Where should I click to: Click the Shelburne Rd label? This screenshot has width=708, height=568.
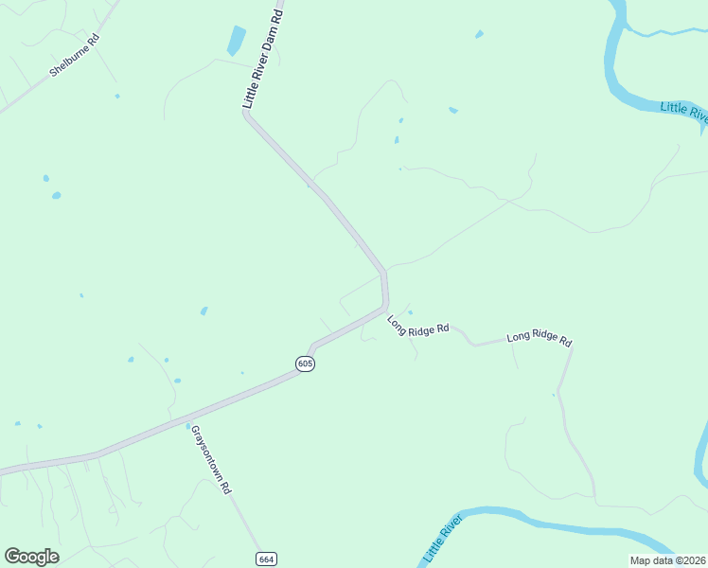coord(75,57)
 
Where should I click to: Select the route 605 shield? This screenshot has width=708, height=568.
coord(304,364)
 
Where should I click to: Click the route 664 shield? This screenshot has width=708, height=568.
coord(266,559)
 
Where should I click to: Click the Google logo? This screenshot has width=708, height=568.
coord(31,557)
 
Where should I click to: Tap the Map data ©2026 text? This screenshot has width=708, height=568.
coord(666,560)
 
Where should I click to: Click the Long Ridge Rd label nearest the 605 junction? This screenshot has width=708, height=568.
coord(416,325)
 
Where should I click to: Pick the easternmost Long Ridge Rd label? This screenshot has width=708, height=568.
coord(540,338)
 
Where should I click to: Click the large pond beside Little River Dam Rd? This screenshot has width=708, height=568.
coord(235,41)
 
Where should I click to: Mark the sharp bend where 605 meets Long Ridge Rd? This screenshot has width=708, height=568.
coord(385,305)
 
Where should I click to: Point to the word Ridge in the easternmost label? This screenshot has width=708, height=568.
coord(536,337)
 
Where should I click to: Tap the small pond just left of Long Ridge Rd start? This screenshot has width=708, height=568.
coord(410,313)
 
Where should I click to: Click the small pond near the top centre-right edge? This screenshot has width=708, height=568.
coord(479,35)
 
